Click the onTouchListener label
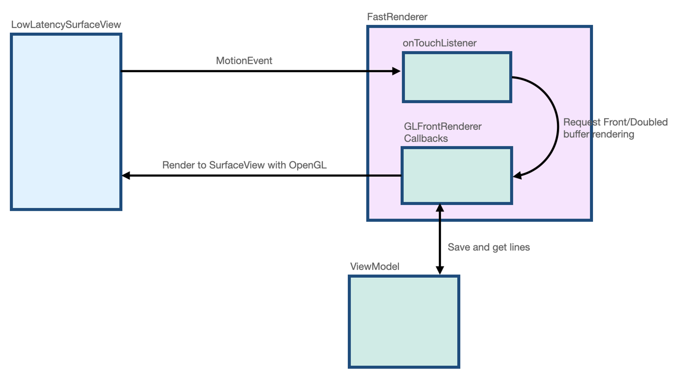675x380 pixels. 440,43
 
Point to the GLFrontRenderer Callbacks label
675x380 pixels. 442,133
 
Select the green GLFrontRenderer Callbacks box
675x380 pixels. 457,176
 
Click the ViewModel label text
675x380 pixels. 375,267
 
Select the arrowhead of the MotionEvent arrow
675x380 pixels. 397,71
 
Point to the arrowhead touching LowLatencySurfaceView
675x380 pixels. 126,176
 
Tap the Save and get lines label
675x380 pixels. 488,247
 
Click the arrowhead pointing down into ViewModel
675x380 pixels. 440,270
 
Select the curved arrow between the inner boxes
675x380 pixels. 556,127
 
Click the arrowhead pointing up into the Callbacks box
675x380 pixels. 440,208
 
